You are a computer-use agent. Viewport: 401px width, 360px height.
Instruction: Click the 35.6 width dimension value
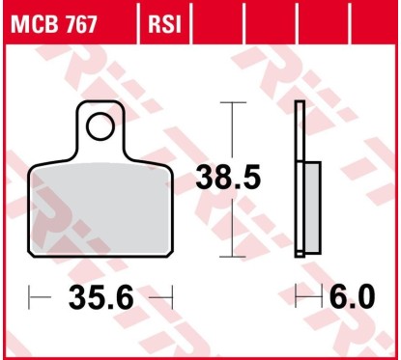pos(100,298)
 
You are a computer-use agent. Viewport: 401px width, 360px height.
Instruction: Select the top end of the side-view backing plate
pos(301,102)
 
